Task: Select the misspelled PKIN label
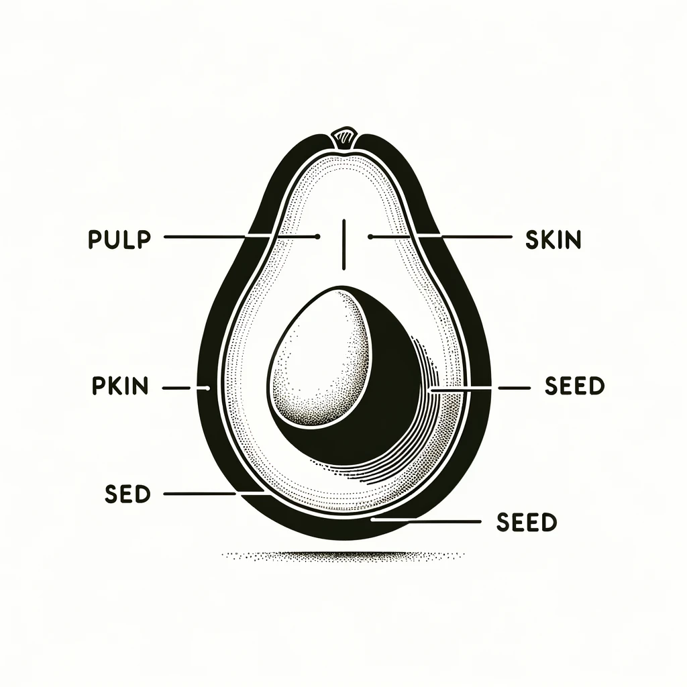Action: point(118,387)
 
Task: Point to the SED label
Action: point(127,494)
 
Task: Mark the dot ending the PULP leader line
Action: point(316,237)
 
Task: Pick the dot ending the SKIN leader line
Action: point(370,237)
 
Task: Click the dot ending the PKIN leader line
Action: point(208,388)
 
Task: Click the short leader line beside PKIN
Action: point(177,388)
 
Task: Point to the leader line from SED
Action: point(201,494)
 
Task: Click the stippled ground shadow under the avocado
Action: point(342,556)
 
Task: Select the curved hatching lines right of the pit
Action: point(429,416)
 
